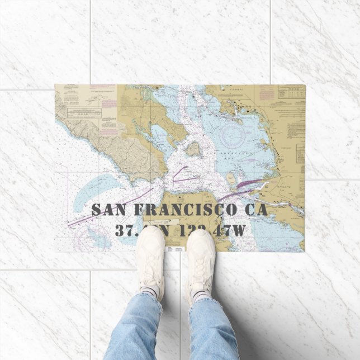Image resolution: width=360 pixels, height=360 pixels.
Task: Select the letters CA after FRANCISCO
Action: pos(255,210)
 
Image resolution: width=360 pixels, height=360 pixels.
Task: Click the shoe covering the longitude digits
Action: pos(201,257)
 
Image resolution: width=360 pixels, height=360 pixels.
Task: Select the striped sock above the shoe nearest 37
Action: pos(149,291)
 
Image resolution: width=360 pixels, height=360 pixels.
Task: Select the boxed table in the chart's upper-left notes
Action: pos(84,112)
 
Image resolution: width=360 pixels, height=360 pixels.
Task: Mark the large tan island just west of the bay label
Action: pos(193,149)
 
